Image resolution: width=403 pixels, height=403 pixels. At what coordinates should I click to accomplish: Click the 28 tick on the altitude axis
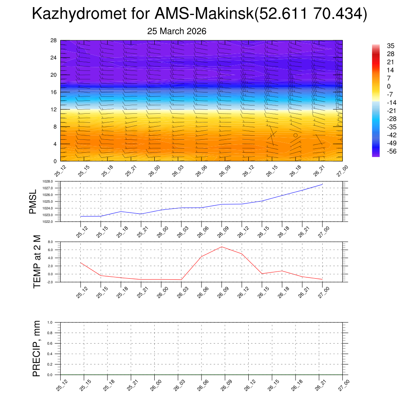[54, 41]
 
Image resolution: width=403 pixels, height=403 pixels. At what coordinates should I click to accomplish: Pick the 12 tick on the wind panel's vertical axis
[54, 109]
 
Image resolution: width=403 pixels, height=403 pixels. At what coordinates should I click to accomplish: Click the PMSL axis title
[33, 201]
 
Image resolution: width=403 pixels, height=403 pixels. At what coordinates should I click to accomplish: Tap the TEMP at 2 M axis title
[37, 262]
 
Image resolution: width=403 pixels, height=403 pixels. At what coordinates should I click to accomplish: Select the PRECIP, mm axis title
[37, 349]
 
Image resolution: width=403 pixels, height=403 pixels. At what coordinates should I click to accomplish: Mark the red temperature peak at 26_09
[222, 247]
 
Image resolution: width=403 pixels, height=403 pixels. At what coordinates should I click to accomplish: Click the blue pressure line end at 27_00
[322, 184]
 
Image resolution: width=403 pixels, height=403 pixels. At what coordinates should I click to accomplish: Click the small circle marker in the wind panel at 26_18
[296, 135]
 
